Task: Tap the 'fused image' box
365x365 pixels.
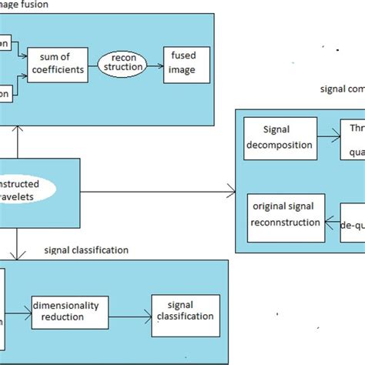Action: click(183, 66)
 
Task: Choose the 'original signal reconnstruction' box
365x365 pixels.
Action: click(283, 215)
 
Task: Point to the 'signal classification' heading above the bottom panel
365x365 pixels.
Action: click(86, 250)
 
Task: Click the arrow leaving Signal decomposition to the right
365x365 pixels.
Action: click(327, 138)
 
